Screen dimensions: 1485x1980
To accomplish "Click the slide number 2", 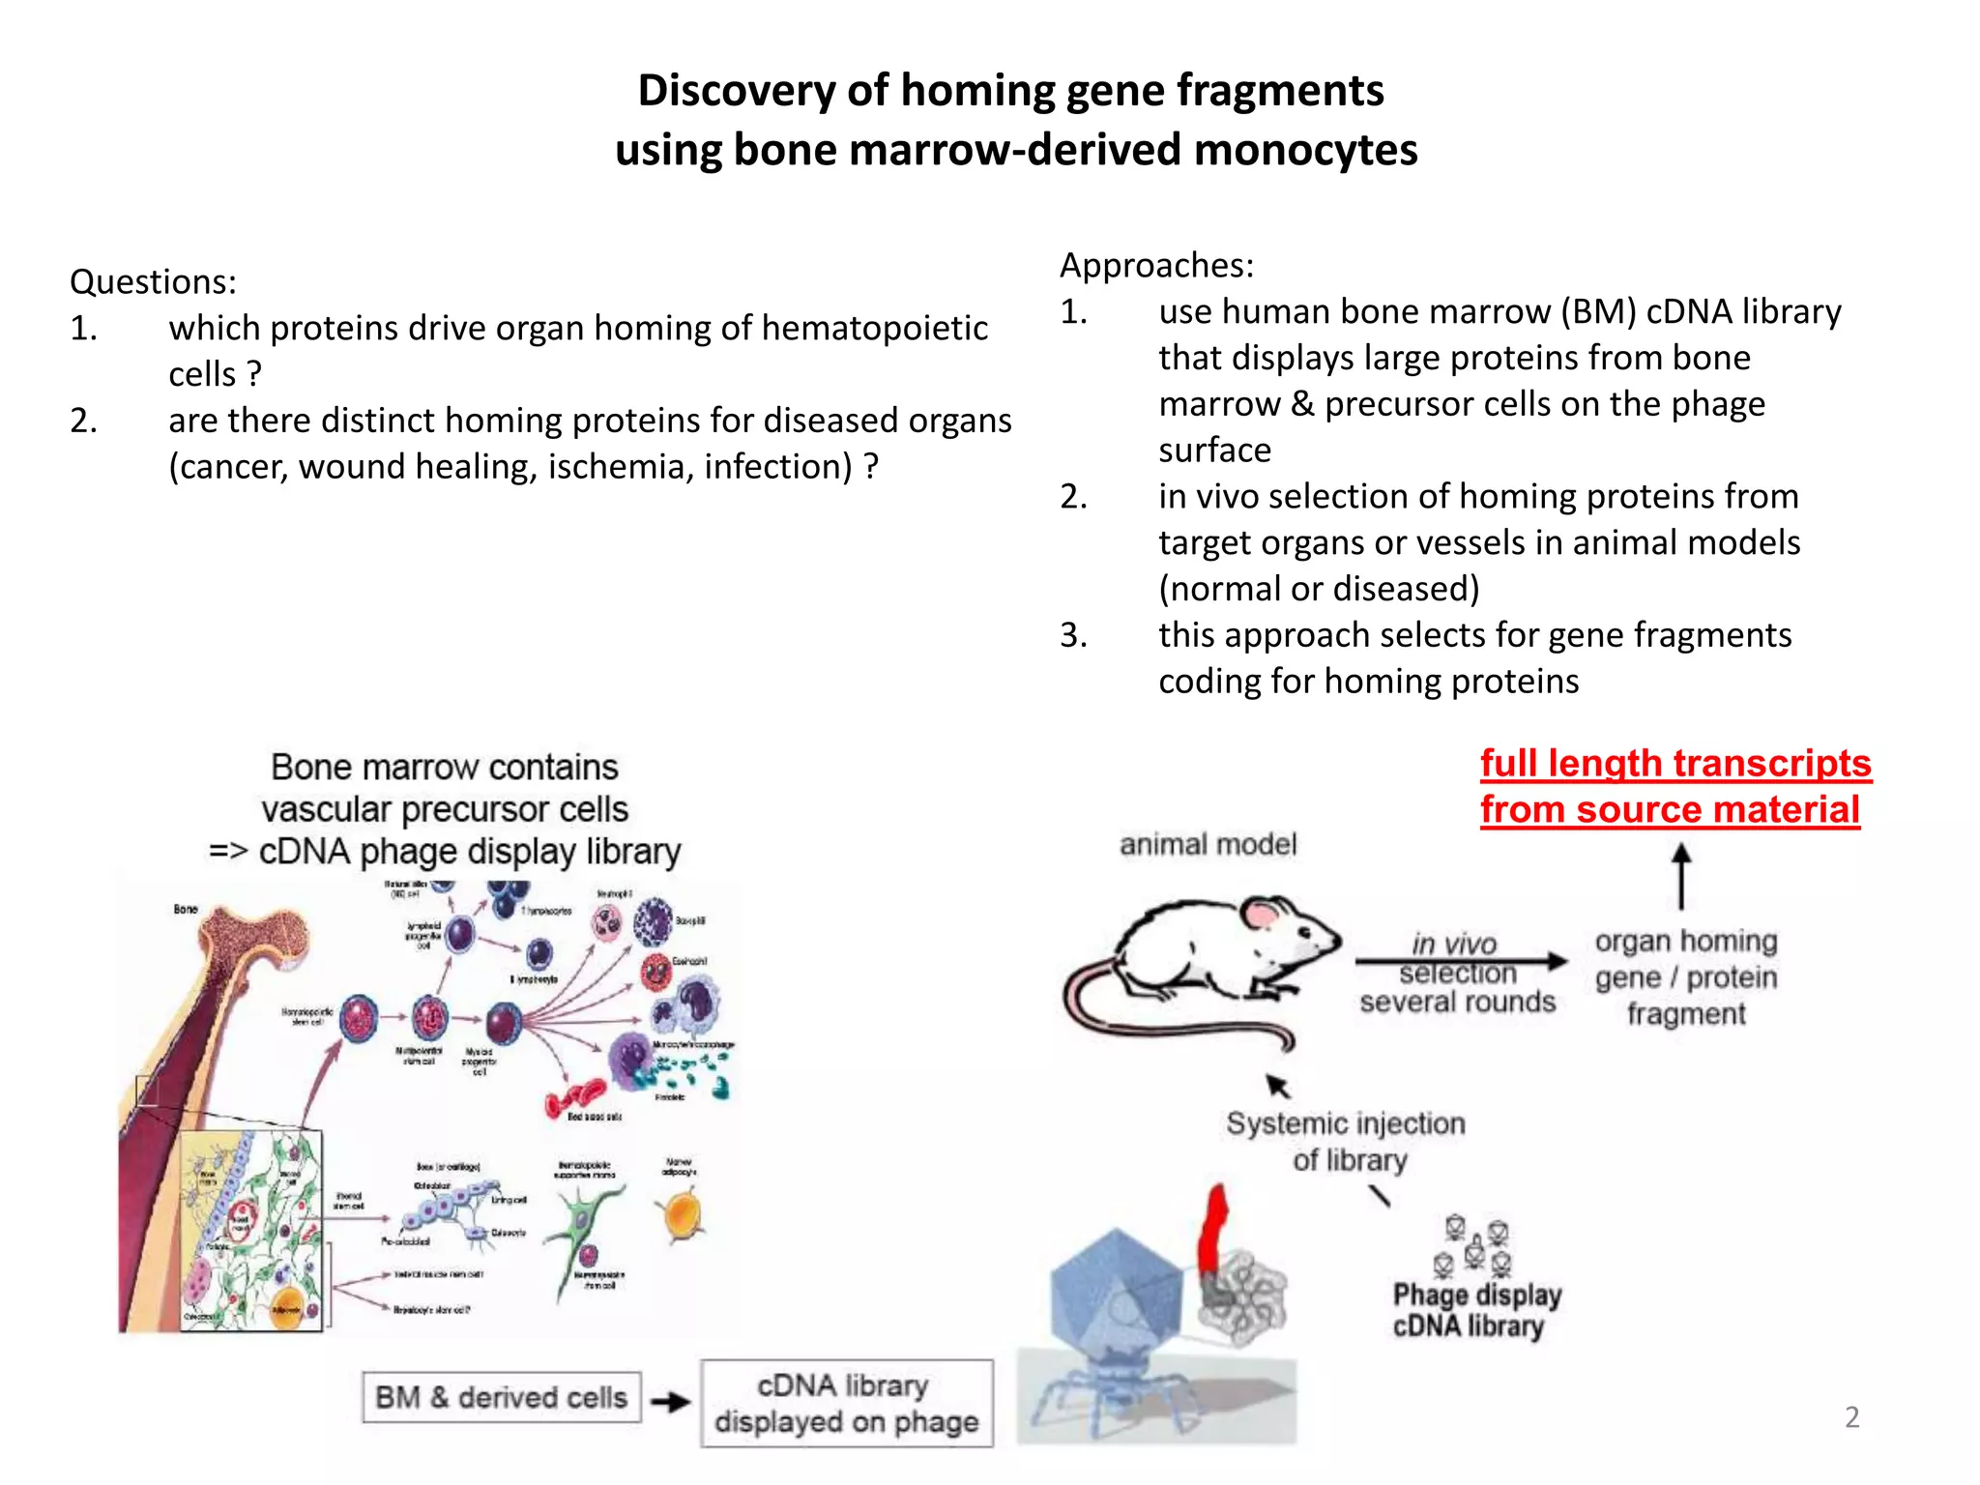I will click(1851, 1416).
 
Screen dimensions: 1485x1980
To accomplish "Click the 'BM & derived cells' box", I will click(501, 1397).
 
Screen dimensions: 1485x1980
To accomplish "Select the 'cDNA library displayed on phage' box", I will click(846, 1403).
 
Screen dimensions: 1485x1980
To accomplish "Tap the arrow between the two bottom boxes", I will click(670, 1402).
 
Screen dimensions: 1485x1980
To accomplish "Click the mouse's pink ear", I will click(1261, 914).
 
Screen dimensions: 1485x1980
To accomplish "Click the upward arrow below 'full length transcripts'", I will click(1681, 875).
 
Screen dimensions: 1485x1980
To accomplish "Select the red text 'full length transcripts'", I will click(1675, 764).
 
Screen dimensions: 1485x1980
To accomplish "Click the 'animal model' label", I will click(1208, 844).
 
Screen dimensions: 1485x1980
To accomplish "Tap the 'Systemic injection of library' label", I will click(1346, 1141).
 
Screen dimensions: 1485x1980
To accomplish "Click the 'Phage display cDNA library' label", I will click(1476, 1310).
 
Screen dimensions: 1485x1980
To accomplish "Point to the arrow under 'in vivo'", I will click(1460, 961).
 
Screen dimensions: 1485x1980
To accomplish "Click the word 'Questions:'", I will click(153, 281).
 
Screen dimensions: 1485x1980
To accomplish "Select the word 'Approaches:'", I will click(1156, 265).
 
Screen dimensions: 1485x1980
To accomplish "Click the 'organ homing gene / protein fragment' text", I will click(1685, 976).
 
